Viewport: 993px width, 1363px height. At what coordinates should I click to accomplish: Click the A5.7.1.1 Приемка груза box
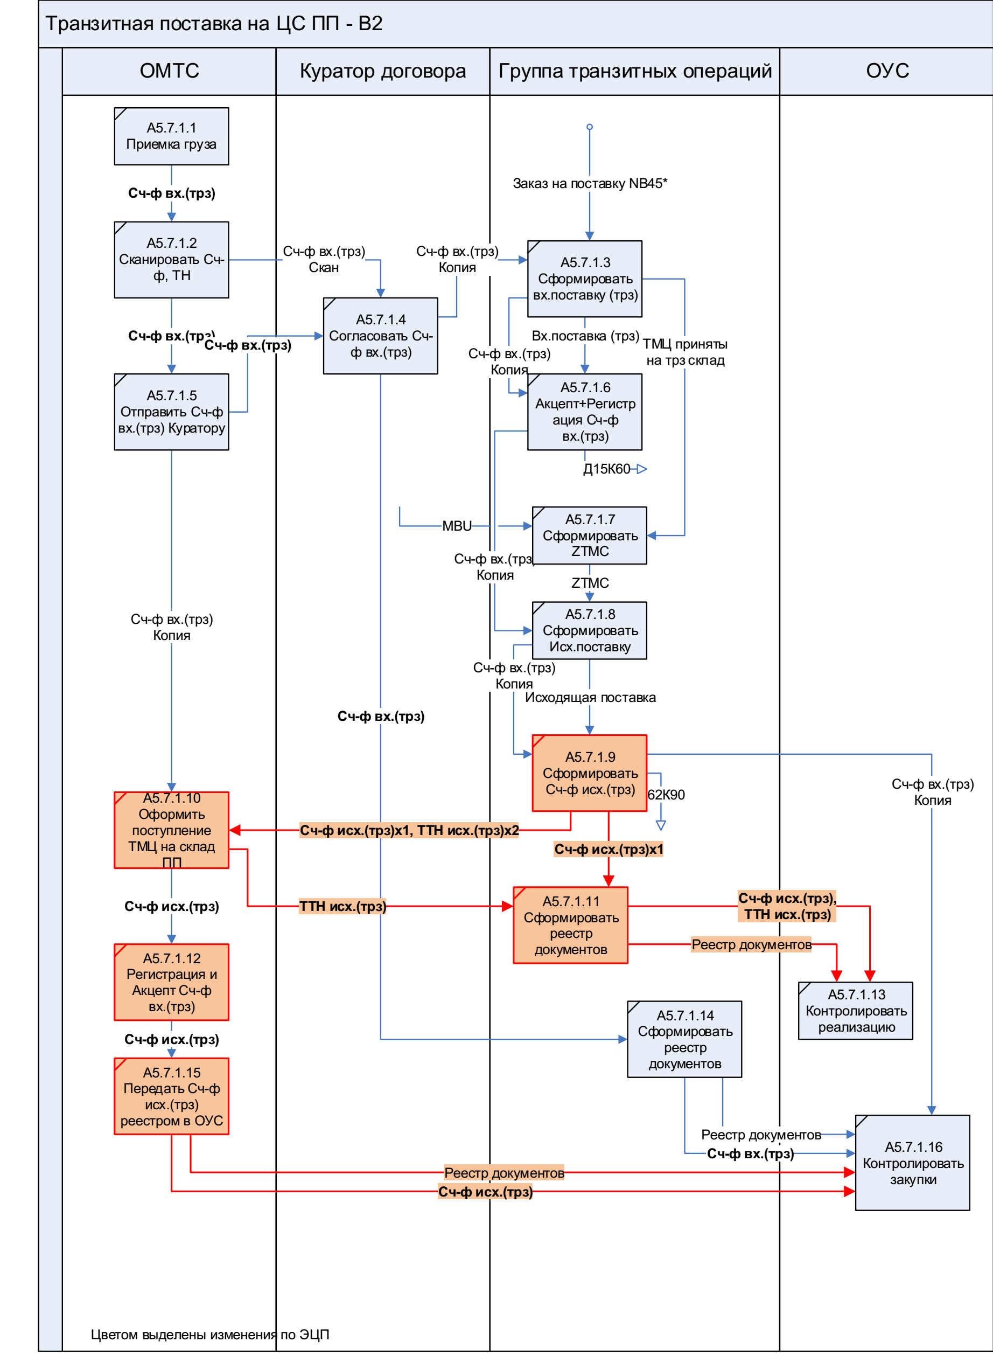[171, 136]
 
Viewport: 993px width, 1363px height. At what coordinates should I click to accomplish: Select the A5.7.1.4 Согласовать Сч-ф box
[381, 336]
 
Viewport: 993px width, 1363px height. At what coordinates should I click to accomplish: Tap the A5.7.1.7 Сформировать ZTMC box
[589, 535]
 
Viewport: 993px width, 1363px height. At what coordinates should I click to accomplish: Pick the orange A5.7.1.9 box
[589, 773]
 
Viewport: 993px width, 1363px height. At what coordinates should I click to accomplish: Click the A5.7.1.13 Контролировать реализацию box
[855, 1010]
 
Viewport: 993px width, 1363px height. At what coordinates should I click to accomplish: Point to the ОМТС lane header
[169, 71]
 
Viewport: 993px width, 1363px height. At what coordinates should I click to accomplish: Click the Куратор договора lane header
[382, 71]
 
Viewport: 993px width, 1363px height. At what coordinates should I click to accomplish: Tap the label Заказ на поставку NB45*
[590, 183]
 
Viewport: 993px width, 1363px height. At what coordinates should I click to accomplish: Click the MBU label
[457, 526]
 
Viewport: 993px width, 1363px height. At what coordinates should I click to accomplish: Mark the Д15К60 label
[606, 469]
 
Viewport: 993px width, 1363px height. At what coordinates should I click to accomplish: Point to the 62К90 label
[666, 795]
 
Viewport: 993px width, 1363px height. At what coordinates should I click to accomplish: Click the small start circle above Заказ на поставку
[590, 127]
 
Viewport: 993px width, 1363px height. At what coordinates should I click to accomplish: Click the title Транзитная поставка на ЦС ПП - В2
[214, 24]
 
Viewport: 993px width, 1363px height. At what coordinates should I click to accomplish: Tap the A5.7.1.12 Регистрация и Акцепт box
[171, 982]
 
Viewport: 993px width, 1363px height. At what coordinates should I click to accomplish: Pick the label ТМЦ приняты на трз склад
[684, 352]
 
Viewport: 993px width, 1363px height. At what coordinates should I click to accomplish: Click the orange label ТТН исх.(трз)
[342, 906]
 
